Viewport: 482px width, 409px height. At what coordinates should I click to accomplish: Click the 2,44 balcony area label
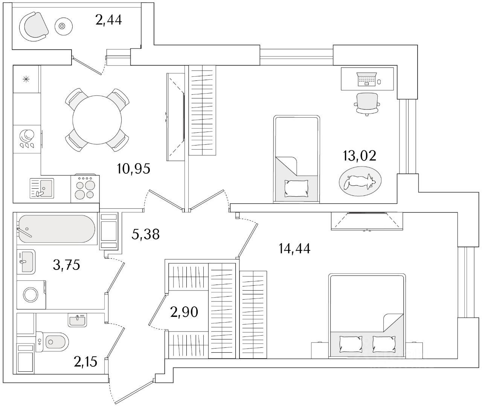click(109, 20)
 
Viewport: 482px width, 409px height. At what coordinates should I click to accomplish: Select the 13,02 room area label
click(359, 156)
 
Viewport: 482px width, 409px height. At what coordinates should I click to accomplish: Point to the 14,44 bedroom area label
click(294, 248)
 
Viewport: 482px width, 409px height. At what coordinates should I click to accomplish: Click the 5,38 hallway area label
click(145, 234)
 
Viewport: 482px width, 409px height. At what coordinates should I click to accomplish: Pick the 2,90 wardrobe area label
click(184, 312)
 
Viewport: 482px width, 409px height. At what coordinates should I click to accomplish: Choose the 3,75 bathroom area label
click(66, 265)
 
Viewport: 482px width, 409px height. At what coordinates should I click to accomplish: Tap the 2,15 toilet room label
click(85, 362)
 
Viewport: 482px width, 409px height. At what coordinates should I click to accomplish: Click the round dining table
click(97, 120)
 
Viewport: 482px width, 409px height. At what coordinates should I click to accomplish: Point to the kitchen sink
click(42, 188)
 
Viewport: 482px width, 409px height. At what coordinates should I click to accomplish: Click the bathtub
click(57, 229)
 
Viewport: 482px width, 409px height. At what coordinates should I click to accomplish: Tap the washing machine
click(31, 295)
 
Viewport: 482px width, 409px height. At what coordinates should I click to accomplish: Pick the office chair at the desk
click(367, 104)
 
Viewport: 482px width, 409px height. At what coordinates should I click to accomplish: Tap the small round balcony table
click(63, 26)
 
